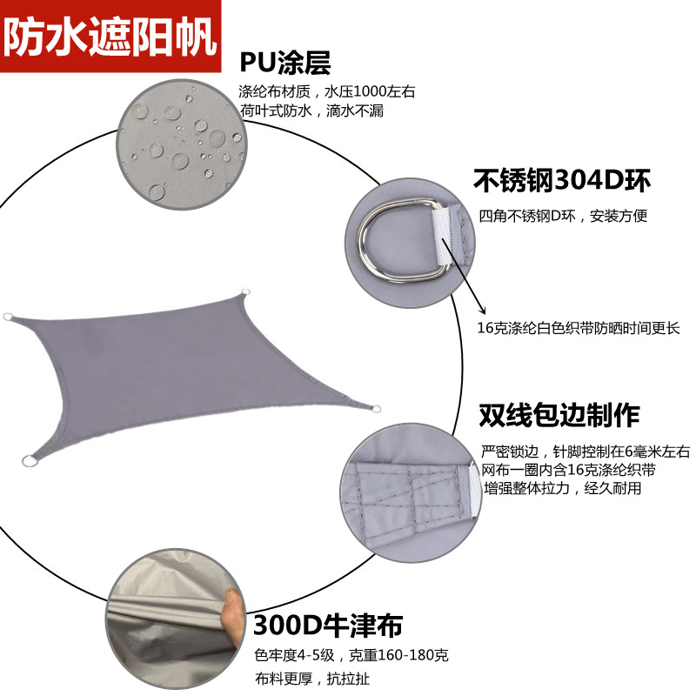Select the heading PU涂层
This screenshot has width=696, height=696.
(x=285, y=63)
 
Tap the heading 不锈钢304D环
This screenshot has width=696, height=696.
(x=562, y=180)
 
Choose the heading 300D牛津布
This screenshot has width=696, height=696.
(x=328, y=624)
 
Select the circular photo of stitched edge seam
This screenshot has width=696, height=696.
(x=409, y=492)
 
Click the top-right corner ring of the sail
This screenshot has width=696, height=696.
(x=244, y=293)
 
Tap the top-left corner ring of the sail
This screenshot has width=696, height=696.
(x=9, y=318)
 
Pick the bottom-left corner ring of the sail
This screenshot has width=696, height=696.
(x=30, y=461)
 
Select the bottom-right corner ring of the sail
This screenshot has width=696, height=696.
(x=375, y=409)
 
